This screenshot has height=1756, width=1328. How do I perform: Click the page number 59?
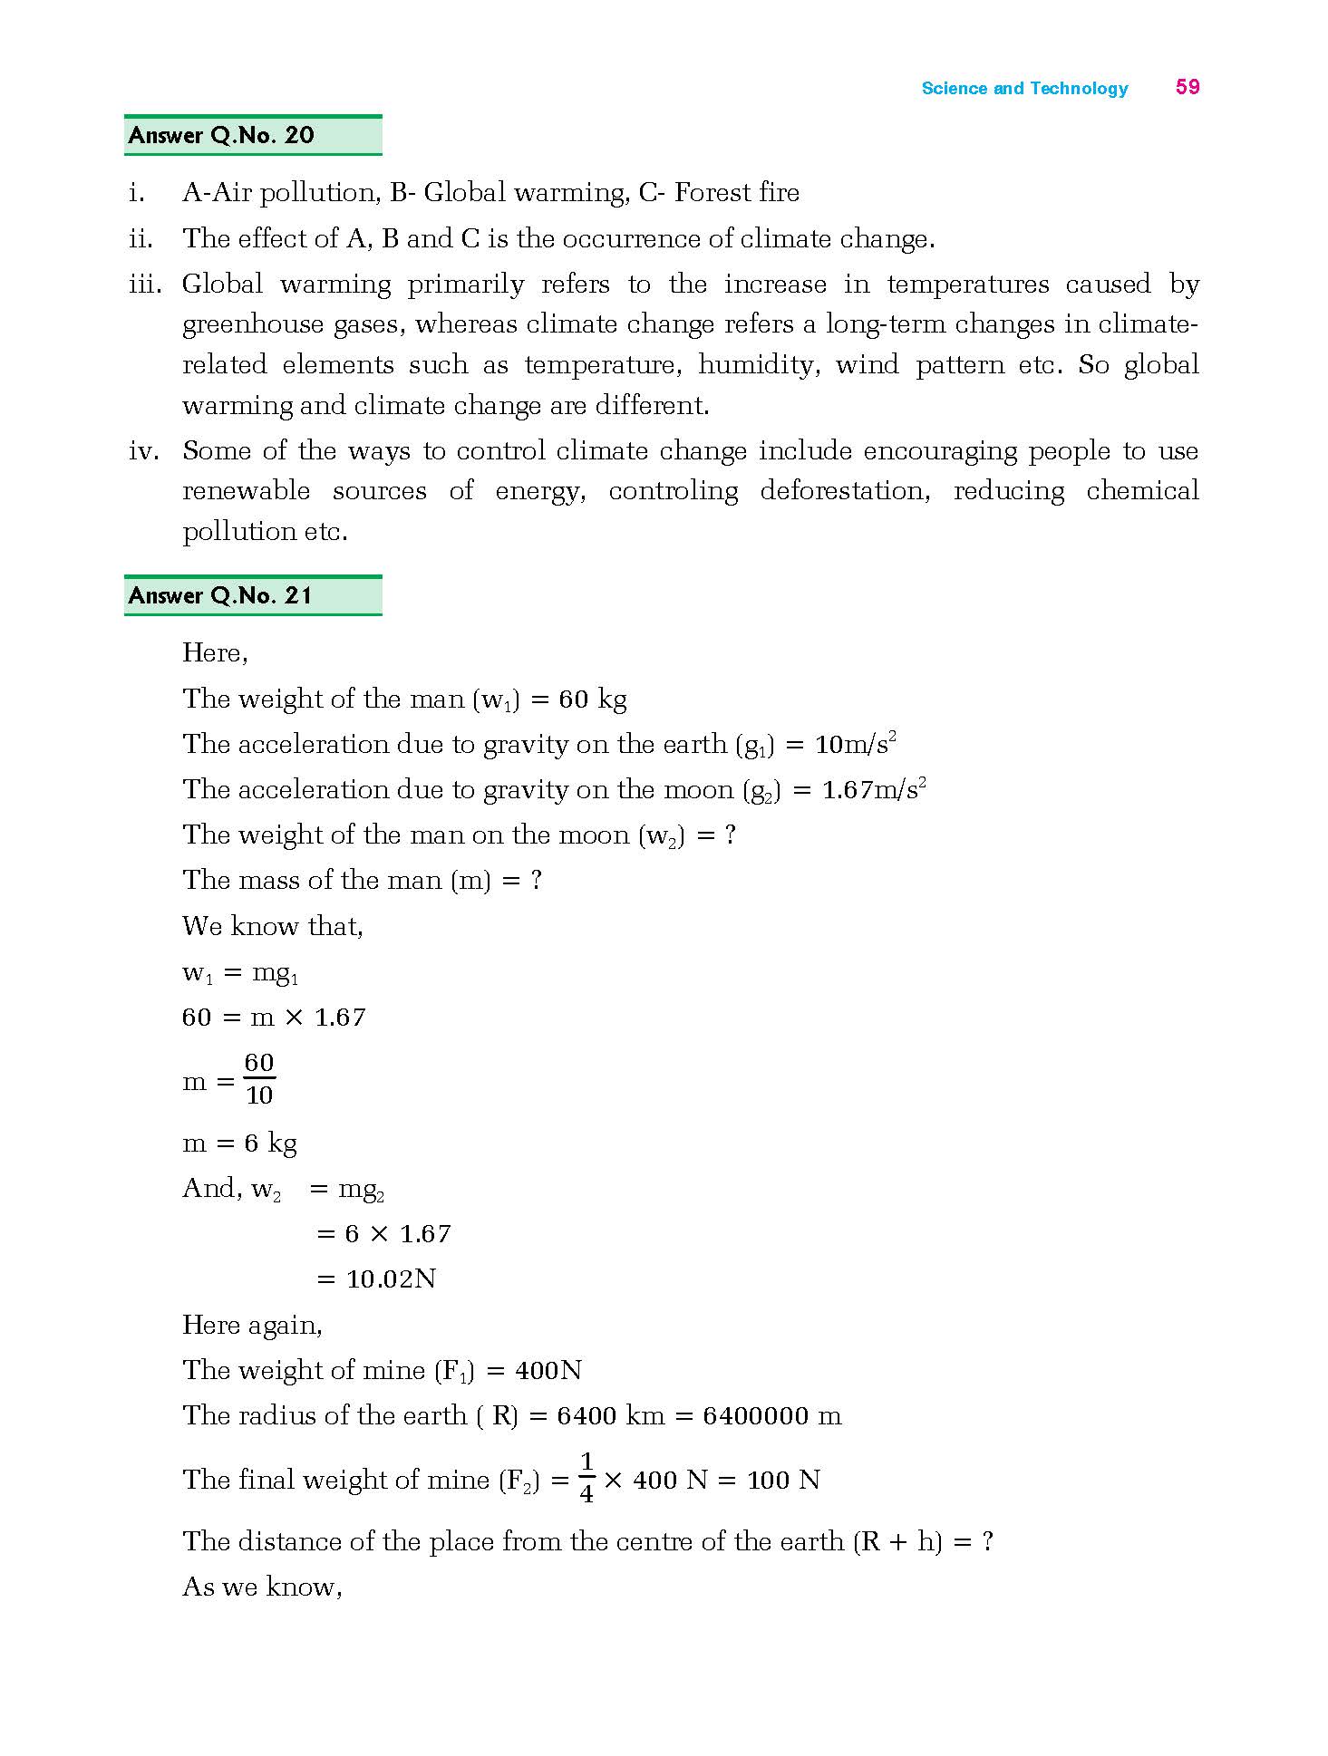(x=1187, y=87)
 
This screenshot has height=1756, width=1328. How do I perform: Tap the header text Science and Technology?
(x=1024, y=89)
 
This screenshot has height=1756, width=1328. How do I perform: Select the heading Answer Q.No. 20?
(x=221, y=136)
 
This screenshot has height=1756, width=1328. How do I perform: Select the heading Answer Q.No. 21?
(x=220, y=595)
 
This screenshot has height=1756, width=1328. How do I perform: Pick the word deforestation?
(x=844, y=491)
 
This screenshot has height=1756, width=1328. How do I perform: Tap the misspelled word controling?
(x=673, y=491)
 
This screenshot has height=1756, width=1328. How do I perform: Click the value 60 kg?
(x=593, y=700)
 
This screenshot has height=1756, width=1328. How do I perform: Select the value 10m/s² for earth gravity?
(x=856, y=745)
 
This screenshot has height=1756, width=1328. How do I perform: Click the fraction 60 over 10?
(x=259, y=1079)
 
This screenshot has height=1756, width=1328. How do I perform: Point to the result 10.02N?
(x=391, y=1279)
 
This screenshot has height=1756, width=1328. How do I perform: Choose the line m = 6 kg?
(x=240, y=1143)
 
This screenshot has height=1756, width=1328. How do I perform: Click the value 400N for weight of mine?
(x=548, y=1370)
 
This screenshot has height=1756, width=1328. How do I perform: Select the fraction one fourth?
(x=586, y=1478)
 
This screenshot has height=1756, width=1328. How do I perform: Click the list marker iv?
(x=143, y=451)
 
